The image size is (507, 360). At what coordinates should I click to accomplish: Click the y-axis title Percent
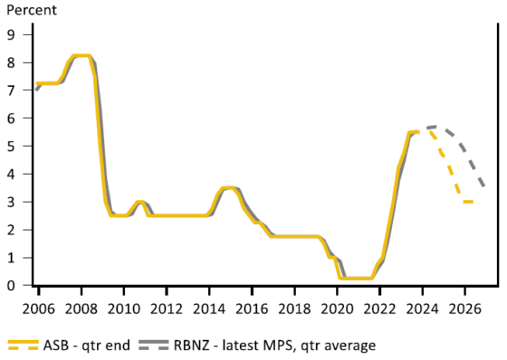point(31,12)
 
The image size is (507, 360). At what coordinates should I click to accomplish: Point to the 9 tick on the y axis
point(12,34)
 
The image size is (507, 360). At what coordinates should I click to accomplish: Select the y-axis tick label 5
point(12,146)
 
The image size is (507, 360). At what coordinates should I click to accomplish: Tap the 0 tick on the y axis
point(12,286)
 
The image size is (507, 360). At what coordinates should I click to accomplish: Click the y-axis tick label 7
point(12,90)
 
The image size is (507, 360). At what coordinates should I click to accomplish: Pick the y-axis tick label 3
point(12,202)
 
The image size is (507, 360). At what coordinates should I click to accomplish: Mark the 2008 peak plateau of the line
point(81,56)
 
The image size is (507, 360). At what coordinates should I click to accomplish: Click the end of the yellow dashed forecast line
point(473,202)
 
